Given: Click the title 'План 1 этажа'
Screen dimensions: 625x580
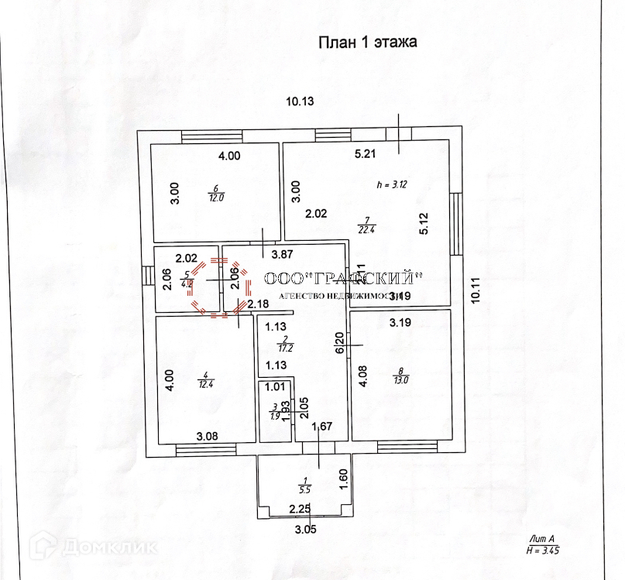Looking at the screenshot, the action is click(x=368, y=43).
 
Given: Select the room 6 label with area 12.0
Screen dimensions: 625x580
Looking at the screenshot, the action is click(x=216, y=194).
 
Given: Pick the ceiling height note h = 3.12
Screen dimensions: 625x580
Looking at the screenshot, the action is click(x=391, y=184).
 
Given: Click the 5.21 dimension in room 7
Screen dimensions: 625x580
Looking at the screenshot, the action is click(x=365, y=153).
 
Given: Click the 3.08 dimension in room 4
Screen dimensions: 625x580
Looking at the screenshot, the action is click(x=206, y=437).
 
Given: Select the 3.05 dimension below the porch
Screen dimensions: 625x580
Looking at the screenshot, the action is click(x=304, y=530).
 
